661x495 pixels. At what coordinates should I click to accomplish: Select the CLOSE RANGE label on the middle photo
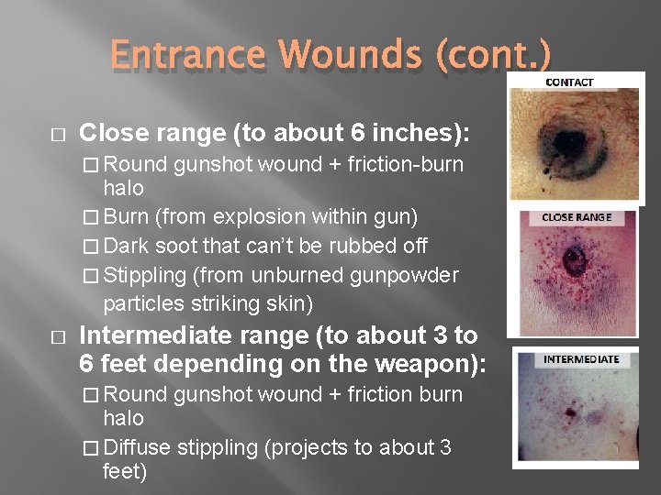[x=576, y=218]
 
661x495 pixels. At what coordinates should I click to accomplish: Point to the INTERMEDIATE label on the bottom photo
[x=581, y=359]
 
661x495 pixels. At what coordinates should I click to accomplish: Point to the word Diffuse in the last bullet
[x=138, y=447]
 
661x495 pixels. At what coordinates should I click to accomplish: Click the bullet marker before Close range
[x=56, y=134]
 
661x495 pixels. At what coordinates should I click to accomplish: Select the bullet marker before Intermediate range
[x=56, y=336]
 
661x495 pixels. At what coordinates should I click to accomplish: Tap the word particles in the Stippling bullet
[x=143, y=302]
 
